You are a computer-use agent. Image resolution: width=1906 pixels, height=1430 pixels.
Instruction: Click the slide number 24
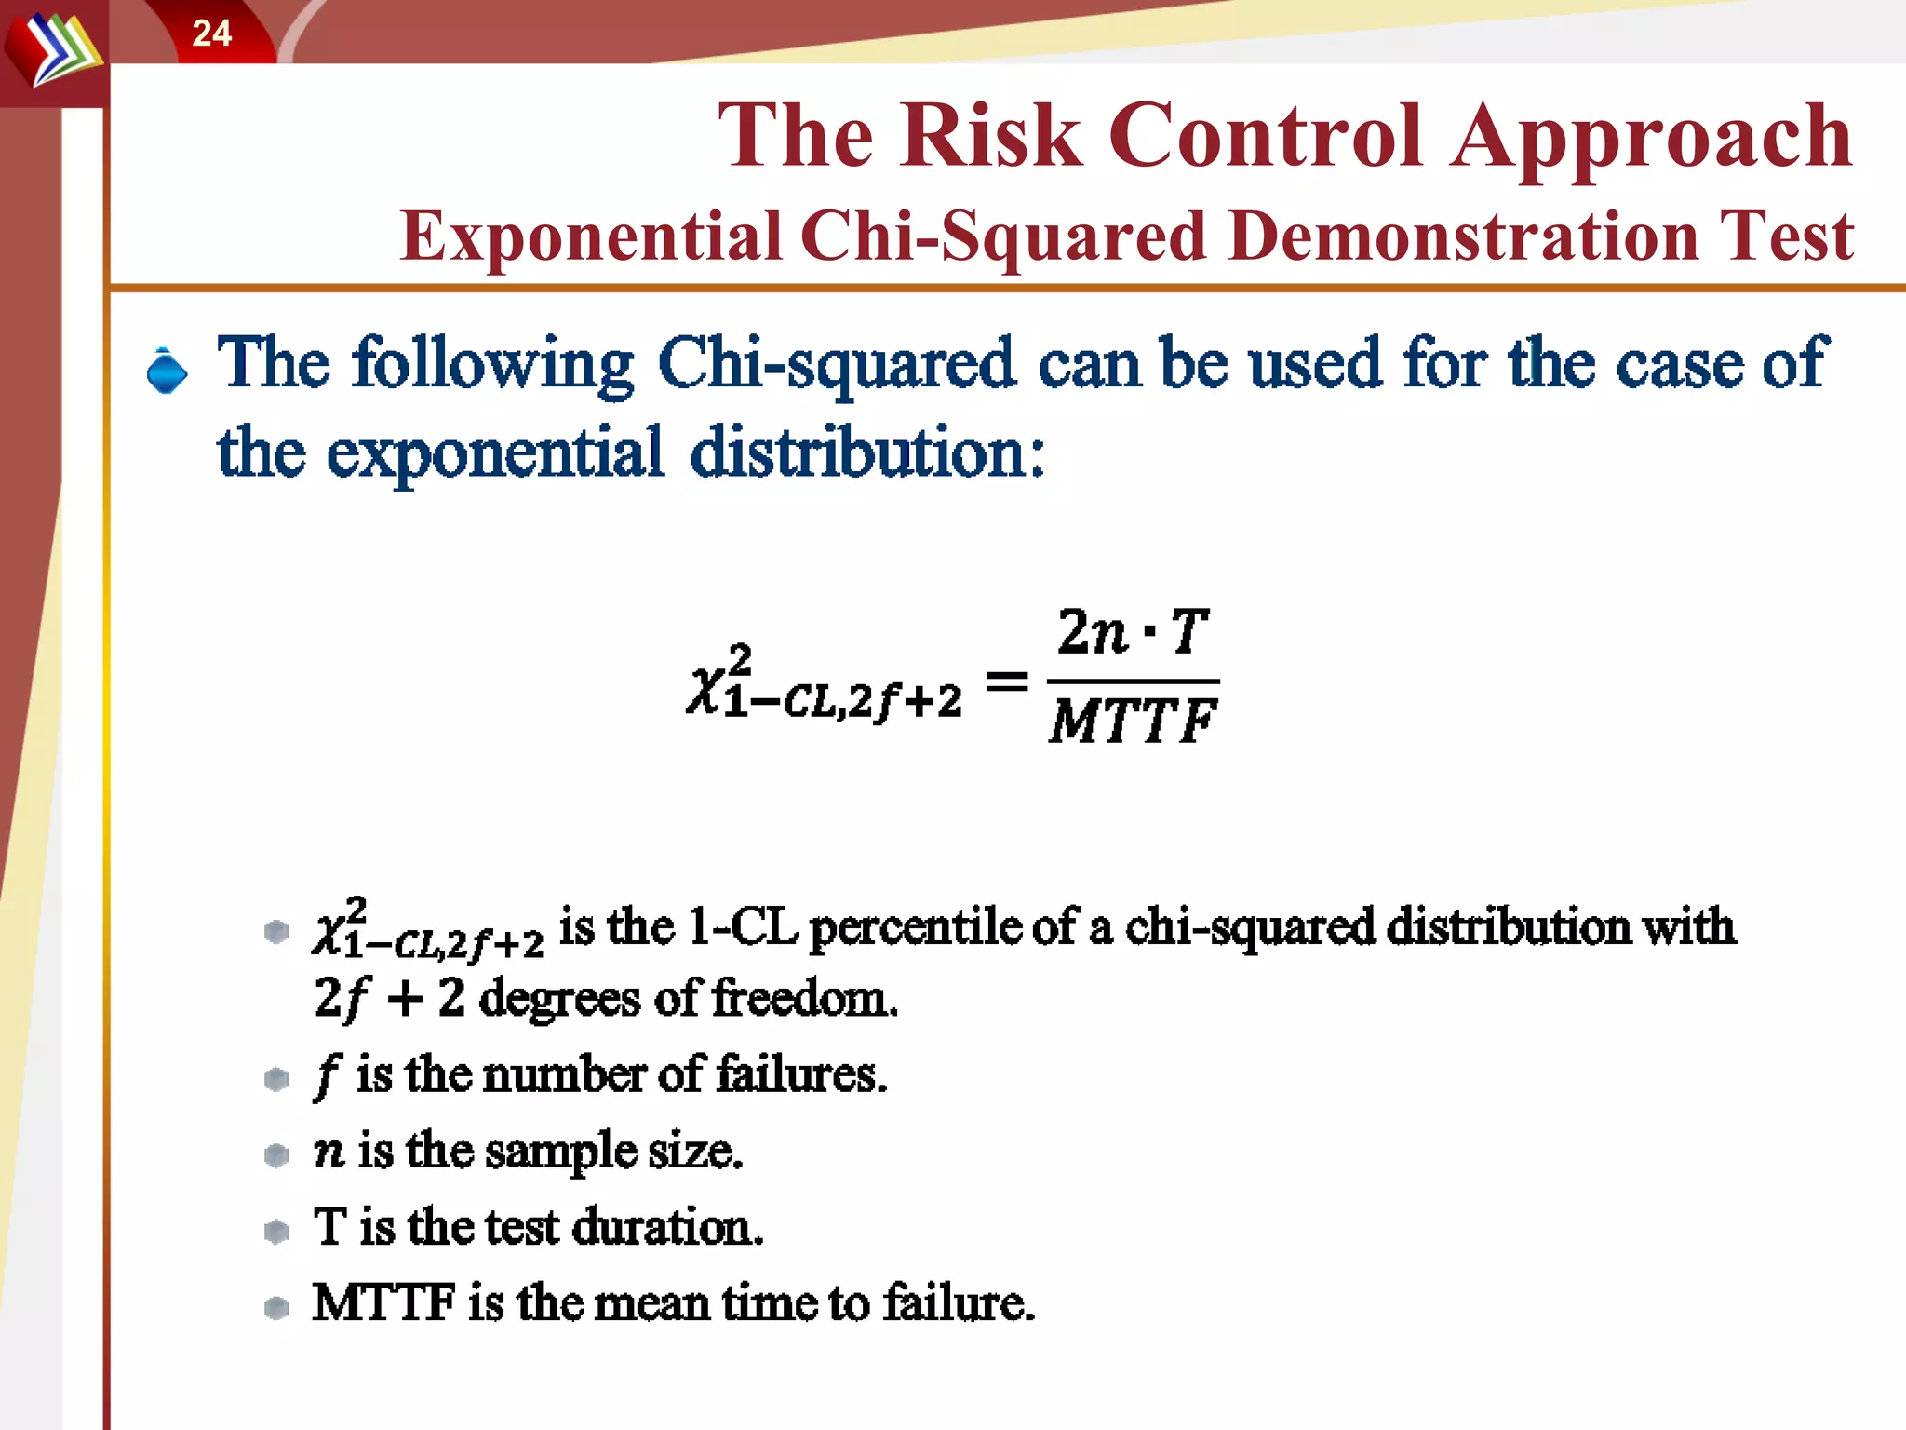coord(211,34)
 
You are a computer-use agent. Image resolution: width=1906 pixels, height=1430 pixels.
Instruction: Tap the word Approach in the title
coord(1651,138)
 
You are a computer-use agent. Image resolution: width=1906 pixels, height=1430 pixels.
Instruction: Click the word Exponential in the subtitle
coord(590,236)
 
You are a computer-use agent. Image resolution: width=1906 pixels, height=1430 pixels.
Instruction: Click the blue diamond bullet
coord(168,371)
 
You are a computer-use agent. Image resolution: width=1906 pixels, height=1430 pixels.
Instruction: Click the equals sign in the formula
coord(1006,681)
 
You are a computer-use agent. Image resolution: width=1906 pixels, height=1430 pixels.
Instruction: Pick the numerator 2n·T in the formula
coord(1132,632)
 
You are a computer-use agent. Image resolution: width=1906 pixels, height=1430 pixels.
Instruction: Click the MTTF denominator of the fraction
coord(1133,721)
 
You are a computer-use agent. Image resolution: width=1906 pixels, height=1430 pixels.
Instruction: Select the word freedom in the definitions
coord(804,999)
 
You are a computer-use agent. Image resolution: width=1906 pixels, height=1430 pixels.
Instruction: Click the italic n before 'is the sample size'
coord(329,1153)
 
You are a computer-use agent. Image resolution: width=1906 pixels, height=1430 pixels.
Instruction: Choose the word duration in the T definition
coord(666,1227)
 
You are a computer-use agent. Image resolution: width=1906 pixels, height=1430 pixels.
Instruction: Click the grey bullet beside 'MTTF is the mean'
coord(276,1307)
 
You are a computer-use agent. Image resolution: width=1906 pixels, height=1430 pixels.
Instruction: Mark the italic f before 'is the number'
coord(327,1075)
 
